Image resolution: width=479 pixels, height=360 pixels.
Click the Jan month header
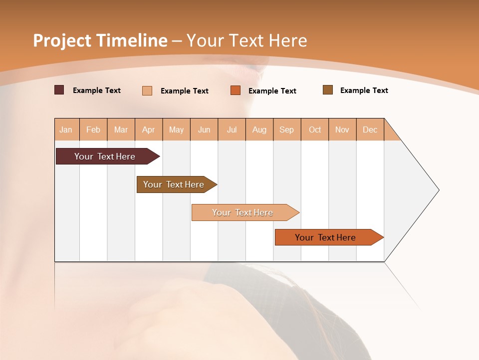click(x=66, y=129)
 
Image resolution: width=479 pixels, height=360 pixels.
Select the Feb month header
click(x=93, y=129)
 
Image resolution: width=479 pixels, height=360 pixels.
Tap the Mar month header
click(x=121, y=129)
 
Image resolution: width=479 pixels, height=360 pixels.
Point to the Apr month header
click(x=149, y=129)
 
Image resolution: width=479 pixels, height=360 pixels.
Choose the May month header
click(x=176, y=129)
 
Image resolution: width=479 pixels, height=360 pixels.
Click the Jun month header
click(x=204, y=129)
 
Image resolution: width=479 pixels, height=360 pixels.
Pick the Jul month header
click(x=232, y=129)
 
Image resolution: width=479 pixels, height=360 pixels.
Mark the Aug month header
click(x=259, y=129)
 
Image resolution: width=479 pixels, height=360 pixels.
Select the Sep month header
click(x=287, y=129)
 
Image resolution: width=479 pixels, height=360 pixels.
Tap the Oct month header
click(x=315, y=129)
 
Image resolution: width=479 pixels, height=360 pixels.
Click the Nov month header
click(x=342, y=129)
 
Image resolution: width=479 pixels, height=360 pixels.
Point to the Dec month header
click(x=370, y=129)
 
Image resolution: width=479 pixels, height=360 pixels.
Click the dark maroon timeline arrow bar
click(x=105, y=156)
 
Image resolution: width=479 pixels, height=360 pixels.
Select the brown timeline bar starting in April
click(x=174, y=184)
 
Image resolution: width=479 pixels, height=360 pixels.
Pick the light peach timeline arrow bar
click(x=243, y=212)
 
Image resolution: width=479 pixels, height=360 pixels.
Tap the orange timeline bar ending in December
click(x=326, y=237)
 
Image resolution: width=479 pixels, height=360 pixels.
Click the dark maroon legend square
click(x=59, y=90)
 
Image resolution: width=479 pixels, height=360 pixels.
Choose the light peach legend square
click(x=147, y=90)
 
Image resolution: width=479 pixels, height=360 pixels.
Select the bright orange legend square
click(x=236, y=90)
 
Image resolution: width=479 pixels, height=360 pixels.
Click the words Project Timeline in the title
click(x=100, y=40)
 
